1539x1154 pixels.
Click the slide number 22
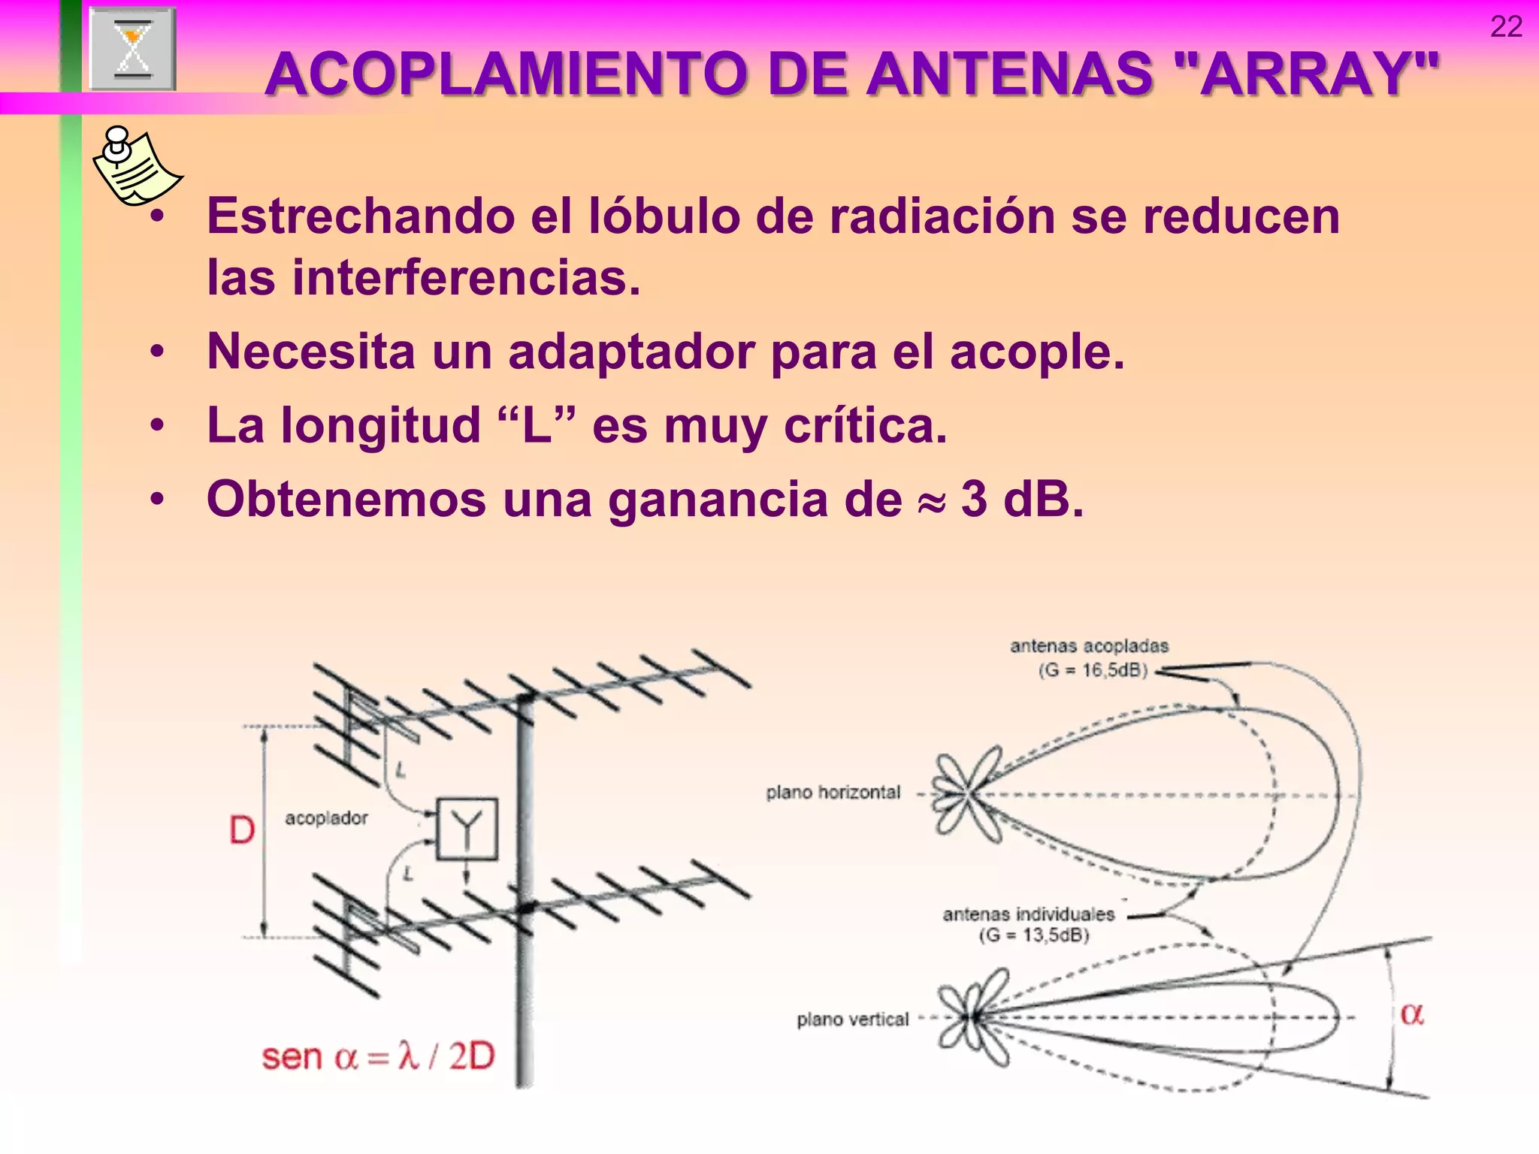click(x=1506, y=27)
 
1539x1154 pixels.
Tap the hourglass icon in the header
click(x=133, y=50)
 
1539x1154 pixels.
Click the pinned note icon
click(x=135, y=166)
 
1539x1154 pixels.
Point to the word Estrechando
click(x=361, y=216)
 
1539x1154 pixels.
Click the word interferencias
click(x=466, y=278)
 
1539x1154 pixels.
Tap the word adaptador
click(x=631, y=352)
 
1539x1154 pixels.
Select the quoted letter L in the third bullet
click(x=537, y=425)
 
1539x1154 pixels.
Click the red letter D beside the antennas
click(x=241, y=831)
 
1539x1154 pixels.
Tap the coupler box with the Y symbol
click(x=467, y=829)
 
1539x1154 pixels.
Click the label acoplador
click(x=326, y=818)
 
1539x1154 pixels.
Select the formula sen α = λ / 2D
click(x=378, y=1057)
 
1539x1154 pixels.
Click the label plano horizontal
click(x=833, y=793)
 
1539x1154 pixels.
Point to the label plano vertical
click(x=852, y=1020)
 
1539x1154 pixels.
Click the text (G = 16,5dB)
click(x=1093, y=670)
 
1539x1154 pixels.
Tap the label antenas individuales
click(x=1028, y=914)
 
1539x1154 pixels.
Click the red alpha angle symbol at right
click(x=1411, y=1014)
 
